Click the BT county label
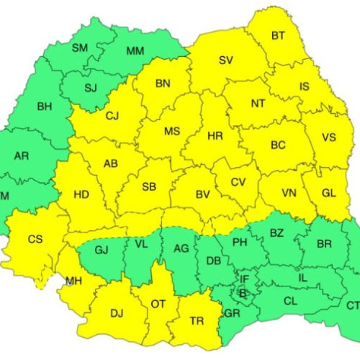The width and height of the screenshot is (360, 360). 278,35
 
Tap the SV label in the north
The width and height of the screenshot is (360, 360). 226,60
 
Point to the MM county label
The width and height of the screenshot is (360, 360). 135,51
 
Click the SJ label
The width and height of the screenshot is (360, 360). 90,88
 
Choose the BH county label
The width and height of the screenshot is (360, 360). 44,107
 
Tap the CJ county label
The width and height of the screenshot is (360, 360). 112,115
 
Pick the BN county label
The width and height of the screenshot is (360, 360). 163,84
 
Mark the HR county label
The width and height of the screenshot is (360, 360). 215,135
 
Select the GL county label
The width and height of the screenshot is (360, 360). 328,192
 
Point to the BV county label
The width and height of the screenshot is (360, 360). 202,193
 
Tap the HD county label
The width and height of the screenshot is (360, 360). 81,194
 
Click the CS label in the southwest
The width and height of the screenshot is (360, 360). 35,239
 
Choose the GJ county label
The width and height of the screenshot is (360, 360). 101,250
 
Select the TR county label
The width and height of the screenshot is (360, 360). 197,321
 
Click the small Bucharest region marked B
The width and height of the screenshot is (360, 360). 243,293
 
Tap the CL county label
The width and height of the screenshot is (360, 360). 290,302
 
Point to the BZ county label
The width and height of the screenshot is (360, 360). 276,233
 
